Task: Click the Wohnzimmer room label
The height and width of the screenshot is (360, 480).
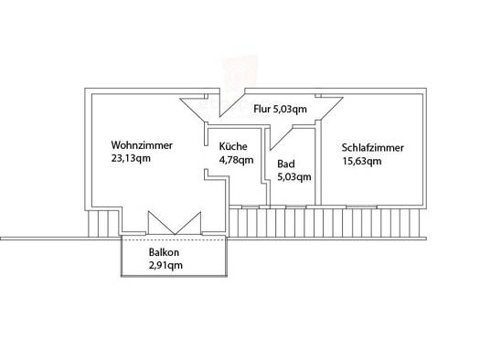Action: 142,145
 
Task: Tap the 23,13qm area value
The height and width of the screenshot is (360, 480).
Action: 131,158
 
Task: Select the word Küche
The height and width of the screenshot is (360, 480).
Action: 233,146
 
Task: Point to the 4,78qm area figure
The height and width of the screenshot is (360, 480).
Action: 236,160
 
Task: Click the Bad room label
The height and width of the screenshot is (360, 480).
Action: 286,164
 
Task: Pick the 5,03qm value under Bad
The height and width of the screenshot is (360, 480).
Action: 294,176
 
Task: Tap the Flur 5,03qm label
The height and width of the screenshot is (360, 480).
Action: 280,109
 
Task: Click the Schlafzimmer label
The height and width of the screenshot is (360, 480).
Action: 372,148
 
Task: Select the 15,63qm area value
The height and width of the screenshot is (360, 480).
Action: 362,161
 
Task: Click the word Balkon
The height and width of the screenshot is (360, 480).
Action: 164,252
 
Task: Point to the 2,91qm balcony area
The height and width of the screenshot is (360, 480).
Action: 165,265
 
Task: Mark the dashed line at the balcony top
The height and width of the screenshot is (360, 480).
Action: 174,239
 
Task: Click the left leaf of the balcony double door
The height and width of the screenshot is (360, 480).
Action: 161,223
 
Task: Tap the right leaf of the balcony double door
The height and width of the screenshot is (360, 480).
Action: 188,223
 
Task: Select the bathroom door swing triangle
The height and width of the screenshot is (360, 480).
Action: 281,139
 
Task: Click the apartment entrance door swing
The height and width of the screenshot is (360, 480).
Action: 232,102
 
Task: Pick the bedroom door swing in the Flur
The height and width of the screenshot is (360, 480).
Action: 329,109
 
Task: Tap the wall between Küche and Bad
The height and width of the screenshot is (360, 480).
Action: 265,165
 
